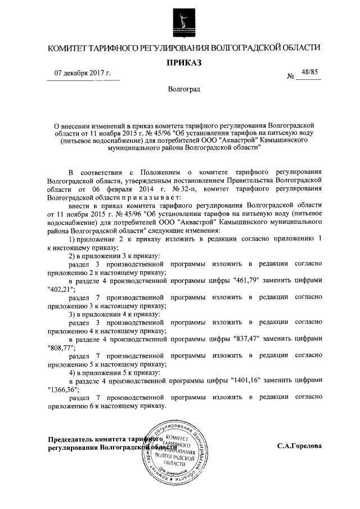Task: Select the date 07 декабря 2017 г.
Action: [83, 74]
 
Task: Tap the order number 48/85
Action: [309, 72]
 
